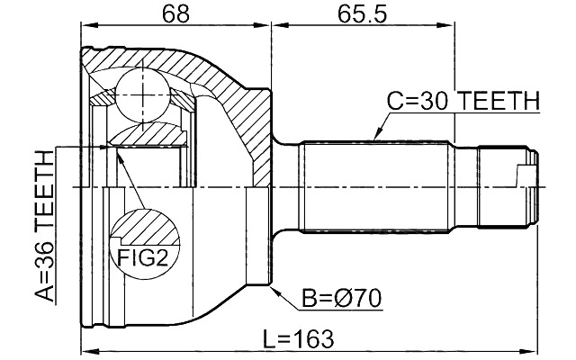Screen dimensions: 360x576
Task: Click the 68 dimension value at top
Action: (176, 15)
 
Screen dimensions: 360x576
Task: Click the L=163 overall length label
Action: (298, 339)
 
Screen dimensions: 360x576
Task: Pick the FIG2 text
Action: (142, 259)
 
